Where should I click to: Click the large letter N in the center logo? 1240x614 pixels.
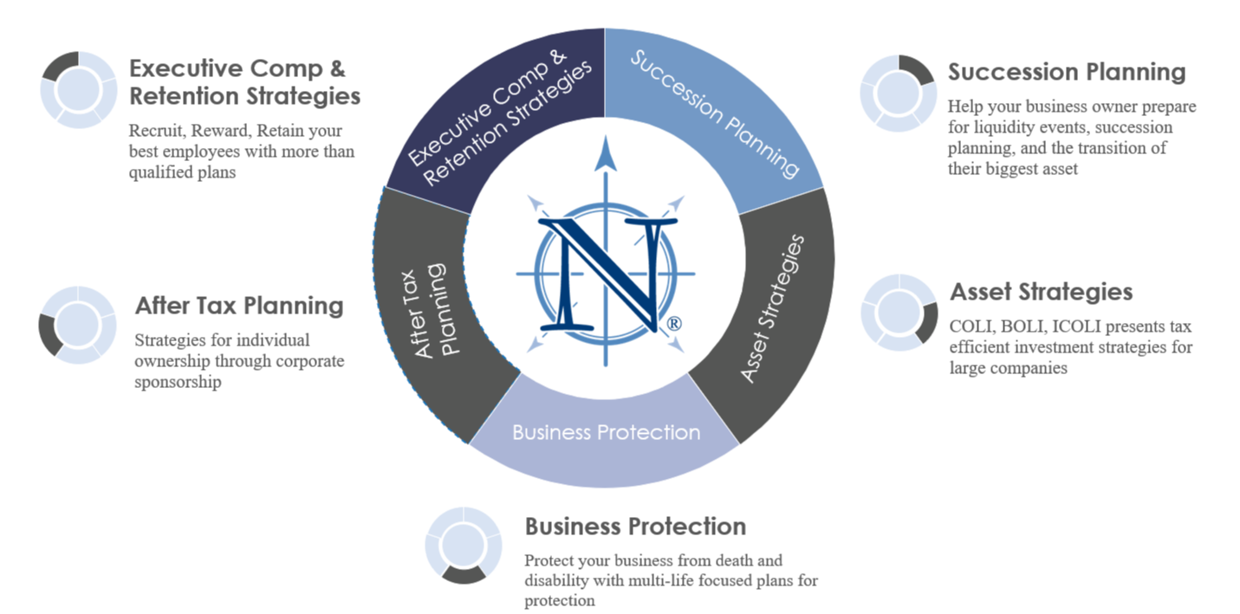pyautogui.click(x=607, y=275)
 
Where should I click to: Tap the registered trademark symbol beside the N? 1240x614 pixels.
pyautogui.click(x=673, y=324)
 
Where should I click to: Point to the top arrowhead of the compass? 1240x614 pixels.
pyautogui.click(x=606, y=153)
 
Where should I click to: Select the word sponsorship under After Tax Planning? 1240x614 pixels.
pyautogui.click(x=178, y=382)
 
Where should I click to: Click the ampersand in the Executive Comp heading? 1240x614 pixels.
pyautogui.click(x=338, y=69)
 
